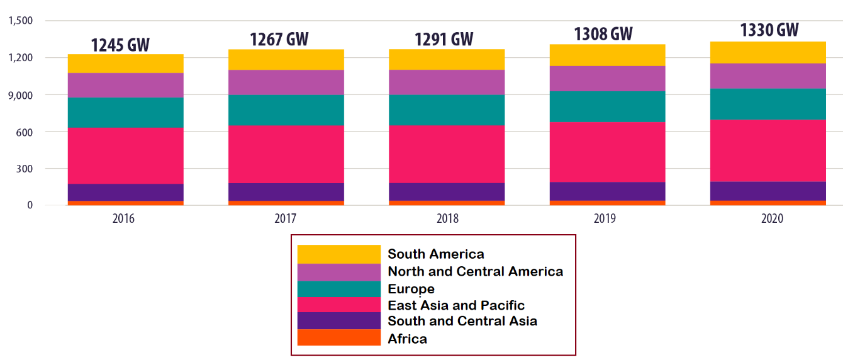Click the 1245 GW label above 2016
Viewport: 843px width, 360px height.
click(120, 45)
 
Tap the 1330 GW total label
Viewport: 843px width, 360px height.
click(769, 30)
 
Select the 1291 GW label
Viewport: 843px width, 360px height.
click(444, 40)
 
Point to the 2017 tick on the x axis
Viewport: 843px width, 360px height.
click(286, 218)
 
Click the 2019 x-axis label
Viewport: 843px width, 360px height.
click(608, 218)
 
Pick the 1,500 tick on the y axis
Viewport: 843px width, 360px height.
click(21, 21)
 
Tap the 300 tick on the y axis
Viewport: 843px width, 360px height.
click(25, 169)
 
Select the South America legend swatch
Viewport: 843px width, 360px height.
click(338, 254)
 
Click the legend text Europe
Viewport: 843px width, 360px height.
click(411, 289)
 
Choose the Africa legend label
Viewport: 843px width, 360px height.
click(407, 339)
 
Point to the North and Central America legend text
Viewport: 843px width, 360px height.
click(475, 272)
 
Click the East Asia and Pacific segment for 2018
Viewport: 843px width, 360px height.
click(447, 154)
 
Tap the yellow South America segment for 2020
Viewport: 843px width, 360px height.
click(768, 52)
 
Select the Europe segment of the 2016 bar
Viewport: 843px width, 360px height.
click(126, 113)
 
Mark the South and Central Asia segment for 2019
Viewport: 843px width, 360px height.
click(608, 191)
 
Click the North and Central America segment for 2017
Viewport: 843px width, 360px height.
click(286, 82)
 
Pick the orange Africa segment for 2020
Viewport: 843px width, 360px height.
click(768, 203)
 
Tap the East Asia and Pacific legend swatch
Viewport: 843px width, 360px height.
click(338, 305)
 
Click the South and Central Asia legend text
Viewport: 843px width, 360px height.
click(462, 321)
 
